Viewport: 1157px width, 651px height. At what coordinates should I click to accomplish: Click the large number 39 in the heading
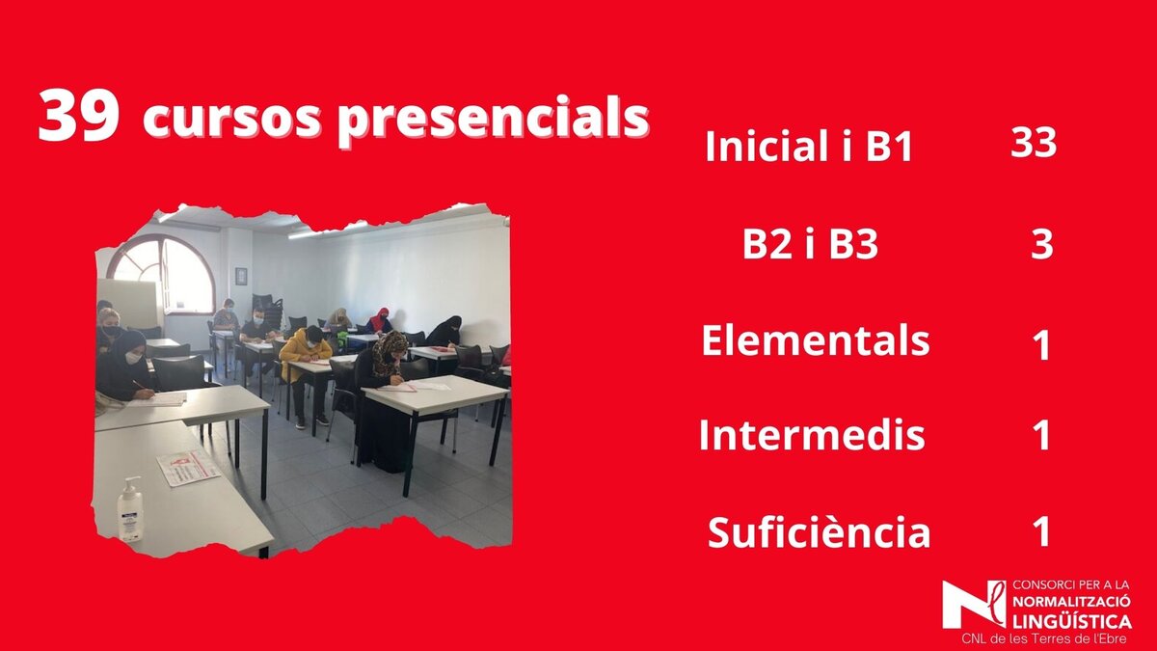pyautogui.click(x=79, y=117)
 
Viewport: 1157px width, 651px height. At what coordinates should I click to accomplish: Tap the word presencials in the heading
pyautogui.click(x=493, y=119)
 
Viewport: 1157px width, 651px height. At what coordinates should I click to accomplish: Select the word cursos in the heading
pyautogui.click(x=232, y=120)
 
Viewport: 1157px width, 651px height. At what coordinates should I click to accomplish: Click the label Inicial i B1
pyautogui.click(x=809, y=147)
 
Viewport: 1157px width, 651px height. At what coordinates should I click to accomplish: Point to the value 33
pyautogui.click(x=1034, y=143)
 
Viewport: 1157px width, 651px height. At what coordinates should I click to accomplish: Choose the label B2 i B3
pyautogui.click(x=810, y=244)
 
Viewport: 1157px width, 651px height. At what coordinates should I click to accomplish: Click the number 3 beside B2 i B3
pyautogui.click(x=1042, y=244)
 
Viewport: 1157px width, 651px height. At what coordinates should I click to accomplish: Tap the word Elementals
pyautogui.click(x=815, y=340)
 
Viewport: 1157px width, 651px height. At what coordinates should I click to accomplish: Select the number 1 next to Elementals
pyautogui.click(x=1042, y=345)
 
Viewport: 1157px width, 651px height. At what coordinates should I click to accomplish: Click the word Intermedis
pyautogui.click(x=812, y=435)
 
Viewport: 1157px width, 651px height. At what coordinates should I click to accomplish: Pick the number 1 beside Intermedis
pyautogui.click(x=1042, y=435)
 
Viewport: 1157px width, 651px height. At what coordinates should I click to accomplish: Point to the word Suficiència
pyautogui.click(x=819, y=531)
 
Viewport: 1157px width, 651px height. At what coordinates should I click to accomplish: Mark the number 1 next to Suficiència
pyautogui.click(x=1042, y=531)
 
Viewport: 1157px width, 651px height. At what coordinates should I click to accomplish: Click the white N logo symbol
pyautogui.click(x=974, y=605)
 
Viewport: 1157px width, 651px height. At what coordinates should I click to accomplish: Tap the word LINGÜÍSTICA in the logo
pyautogui.click(x=1072, y=620)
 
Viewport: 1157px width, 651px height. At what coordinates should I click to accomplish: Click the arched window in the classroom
pyautogui.click(x=164, y=274)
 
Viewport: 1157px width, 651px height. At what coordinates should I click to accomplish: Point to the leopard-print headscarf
pyautogui.click(x=389, y=351)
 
